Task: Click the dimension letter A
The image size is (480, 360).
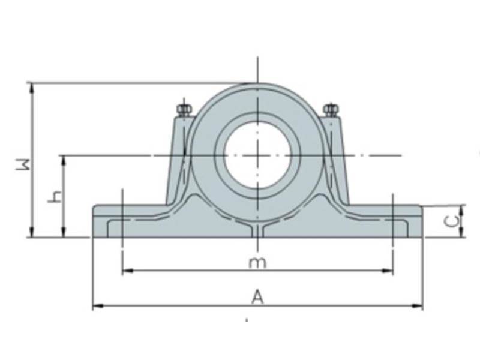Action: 257,296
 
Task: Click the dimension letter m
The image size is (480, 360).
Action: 257,262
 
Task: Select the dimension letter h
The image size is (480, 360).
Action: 55,196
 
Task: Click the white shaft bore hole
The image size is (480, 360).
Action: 257,155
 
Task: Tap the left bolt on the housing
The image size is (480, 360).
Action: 183,110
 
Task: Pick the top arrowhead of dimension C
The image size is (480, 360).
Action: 462,208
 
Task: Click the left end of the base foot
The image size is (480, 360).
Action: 94,221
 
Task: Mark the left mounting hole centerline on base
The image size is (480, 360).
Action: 122,222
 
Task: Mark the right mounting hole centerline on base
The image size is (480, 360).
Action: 392,222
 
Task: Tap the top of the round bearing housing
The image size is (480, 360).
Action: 257,85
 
